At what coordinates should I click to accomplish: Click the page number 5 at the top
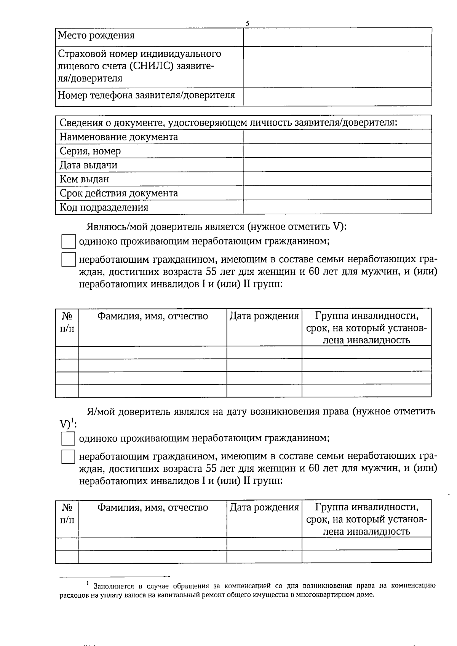tap(248, 24)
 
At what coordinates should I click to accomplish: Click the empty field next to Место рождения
tap(337, 37)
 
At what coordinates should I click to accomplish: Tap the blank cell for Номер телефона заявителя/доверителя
tap(337, 96)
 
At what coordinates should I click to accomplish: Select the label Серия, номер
tap(90, 151)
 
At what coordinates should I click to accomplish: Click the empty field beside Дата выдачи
tap(337, 165)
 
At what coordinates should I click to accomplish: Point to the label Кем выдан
tap(84, 179)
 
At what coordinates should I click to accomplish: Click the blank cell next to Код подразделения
tap(337, 207)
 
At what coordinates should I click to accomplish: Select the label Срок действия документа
tap(118, 193)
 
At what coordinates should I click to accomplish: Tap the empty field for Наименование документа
tap(337, 137)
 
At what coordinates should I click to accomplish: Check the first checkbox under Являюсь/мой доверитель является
tap(68, 242)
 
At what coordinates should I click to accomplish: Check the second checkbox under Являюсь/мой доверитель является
tap(68, 260)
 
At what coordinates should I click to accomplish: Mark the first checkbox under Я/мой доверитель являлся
tap(68, 439)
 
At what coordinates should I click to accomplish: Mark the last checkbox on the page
tap(68, 457)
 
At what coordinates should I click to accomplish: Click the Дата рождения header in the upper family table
tap(264, 316)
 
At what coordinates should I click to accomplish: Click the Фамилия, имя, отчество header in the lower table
tap(153, 507)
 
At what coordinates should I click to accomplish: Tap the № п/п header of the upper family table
tap(67, 322)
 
